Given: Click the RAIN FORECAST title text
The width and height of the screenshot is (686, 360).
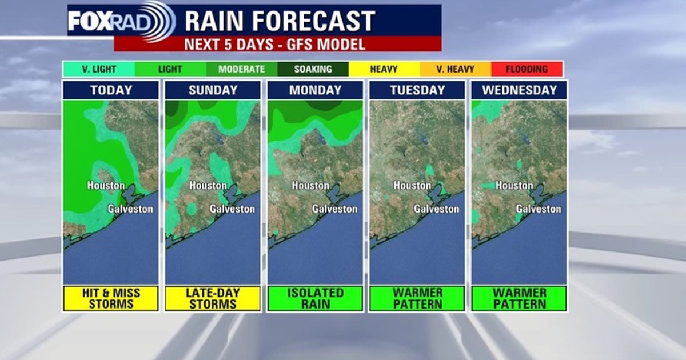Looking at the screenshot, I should (x=280, y=21).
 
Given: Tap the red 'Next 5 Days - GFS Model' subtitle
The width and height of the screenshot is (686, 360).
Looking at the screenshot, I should (x=278, y=44).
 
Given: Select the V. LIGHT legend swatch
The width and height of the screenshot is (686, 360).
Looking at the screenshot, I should (x=99, y=69).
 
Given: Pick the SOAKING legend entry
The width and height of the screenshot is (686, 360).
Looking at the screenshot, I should (x=313, y=69).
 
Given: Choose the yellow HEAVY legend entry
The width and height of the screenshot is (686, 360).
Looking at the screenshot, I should (x=384, y=69).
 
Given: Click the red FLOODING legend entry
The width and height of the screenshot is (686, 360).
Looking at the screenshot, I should (x=527, y=69).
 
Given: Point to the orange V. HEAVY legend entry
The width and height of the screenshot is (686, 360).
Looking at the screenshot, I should (x=455, y=69).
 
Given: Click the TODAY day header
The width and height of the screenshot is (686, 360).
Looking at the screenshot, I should (x=111, y=90).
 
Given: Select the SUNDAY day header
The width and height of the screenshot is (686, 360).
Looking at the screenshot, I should (x=213, y=90).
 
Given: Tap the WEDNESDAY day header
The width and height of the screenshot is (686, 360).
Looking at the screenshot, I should (x=519, y=90).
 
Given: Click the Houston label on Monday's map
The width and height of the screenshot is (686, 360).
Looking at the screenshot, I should (x=310, y=186).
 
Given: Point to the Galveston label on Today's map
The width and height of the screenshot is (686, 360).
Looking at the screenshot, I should (x=130, y=209).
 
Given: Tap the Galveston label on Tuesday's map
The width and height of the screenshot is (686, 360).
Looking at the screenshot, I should (x=437, y=209).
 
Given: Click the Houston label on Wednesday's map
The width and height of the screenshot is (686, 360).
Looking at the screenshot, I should (x=514, y=186).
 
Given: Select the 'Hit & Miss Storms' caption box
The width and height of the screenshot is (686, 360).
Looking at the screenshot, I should (x=111, y=298).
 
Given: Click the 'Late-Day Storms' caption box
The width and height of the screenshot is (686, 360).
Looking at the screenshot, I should (x=213, y=298).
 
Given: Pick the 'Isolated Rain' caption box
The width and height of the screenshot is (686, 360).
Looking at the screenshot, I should (x=315, y=298).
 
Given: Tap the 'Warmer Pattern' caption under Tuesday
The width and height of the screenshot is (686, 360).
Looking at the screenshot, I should (x=417, y=298).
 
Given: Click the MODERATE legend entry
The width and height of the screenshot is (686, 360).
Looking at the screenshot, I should (x=241, y=69).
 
